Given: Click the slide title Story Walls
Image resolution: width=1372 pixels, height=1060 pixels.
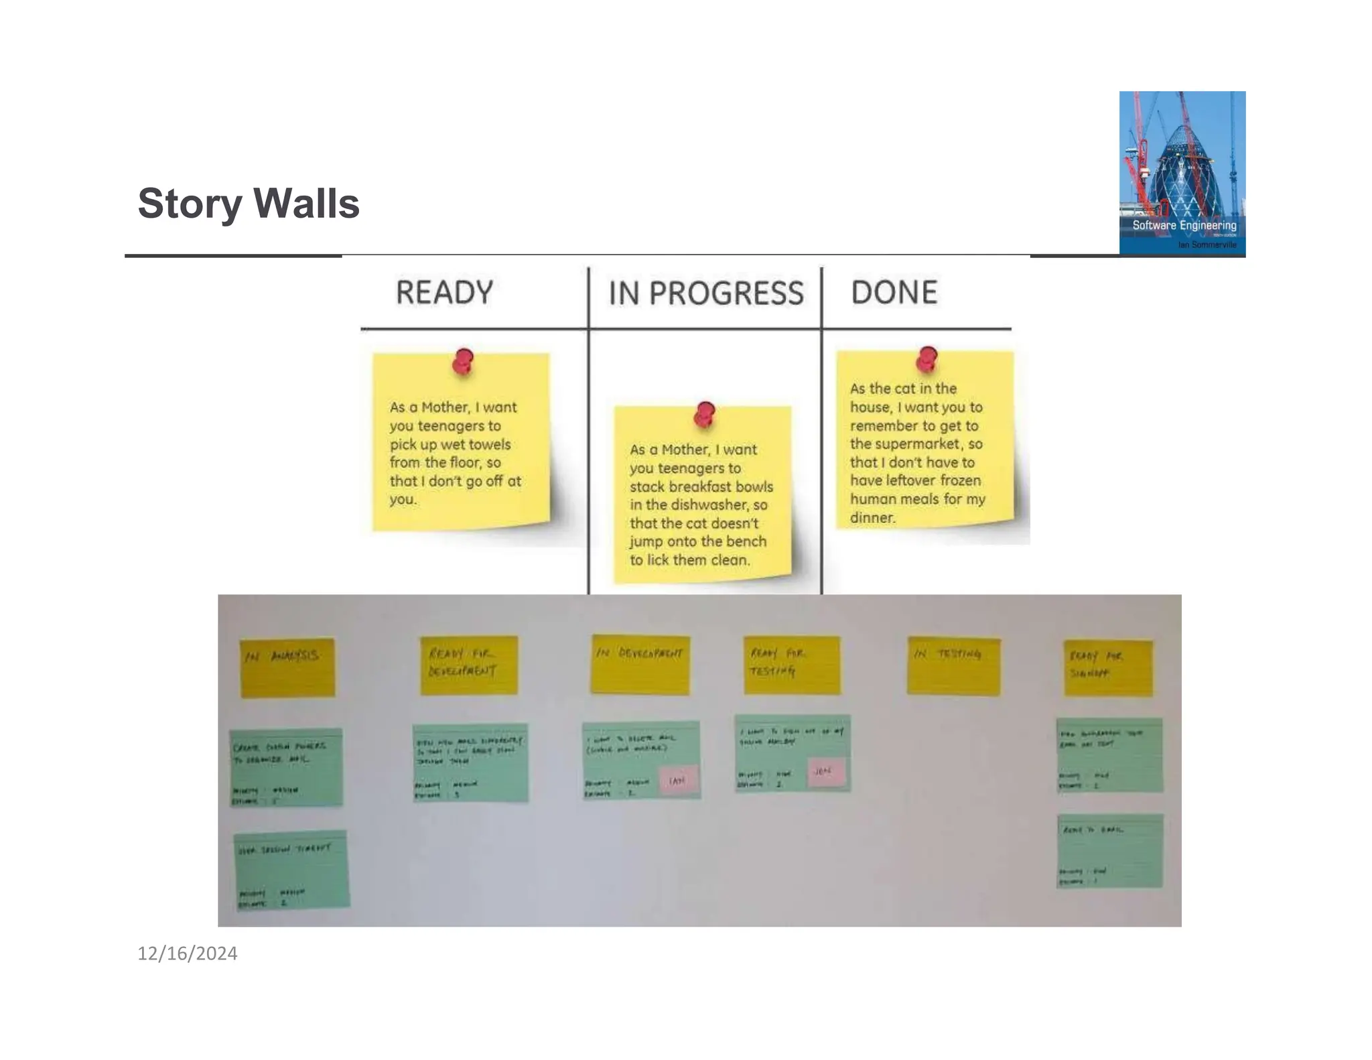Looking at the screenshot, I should point(249,203).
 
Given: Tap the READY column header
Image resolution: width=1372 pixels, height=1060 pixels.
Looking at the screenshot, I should point(444,293).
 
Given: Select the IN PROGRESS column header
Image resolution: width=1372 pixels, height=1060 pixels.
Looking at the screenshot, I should point(705,293).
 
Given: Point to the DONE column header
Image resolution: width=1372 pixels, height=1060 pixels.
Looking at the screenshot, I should point(894,293).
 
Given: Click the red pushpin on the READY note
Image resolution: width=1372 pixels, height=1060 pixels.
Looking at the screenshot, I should point(462,361).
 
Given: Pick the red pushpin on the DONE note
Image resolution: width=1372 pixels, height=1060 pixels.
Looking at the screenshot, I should point(927,359).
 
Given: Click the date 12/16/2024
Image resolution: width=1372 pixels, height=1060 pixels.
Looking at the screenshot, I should point(187,953).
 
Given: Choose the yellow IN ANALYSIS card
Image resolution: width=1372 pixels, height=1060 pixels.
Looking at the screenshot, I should point(287,667).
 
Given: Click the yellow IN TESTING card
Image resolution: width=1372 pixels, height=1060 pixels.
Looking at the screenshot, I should point(953,666).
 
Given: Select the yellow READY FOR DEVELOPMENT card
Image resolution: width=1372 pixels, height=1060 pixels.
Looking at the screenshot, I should point(469,665).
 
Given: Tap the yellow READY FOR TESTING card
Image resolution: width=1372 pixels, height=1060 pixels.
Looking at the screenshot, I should point(791,665).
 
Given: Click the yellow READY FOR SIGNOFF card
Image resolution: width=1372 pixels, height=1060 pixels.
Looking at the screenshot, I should point(1108,668).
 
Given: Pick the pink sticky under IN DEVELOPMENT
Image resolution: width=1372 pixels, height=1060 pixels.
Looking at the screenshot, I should point(678,780).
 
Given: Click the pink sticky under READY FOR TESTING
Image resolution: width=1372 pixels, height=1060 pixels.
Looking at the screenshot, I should point(825,772).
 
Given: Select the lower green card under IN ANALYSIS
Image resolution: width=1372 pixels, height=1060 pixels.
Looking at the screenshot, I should point(291,870).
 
